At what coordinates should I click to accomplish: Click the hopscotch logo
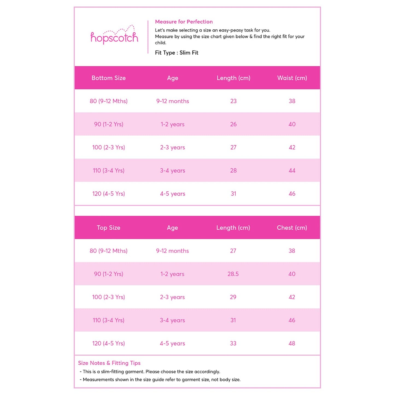point(114,36)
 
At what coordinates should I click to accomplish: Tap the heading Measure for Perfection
point(184,22)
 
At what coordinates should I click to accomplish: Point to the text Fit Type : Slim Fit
point(177,53)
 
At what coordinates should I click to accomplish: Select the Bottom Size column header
point(109,78)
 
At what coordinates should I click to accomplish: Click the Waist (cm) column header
point(292,78)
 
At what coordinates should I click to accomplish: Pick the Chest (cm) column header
point(292,228)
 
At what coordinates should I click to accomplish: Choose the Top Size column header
point(109,228)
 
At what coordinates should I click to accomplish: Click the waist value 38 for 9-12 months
point(292,101)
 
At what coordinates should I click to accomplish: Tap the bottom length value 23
point(233,101)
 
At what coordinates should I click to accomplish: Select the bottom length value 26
point(233,124)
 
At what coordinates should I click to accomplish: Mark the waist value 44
point(292,171)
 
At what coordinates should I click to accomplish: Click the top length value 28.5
point(233,274)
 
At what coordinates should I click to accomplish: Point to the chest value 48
point(292,343)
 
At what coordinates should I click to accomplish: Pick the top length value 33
point(233,343)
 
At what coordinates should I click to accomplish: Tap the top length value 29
point(233,297)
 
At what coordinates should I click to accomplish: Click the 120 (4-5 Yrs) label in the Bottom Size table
point(109,194)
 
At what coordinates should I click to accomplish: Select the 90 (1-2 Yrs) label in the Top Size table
point(109,274)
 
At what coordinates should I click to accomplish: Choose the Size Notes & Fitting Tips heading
point(109,363)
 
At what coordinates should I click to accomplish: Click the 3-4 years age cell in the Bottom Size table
point(172,171)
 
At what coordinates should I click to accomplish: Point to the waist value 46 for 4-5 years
point(292,194)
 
